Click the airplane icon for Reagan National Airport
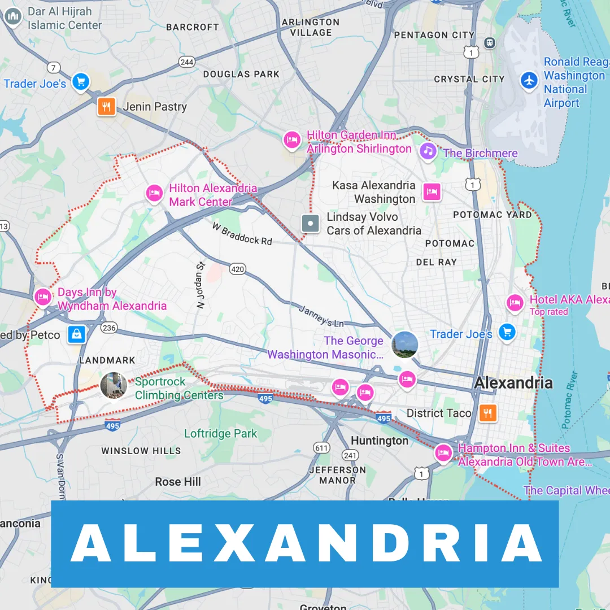tap(529, 80)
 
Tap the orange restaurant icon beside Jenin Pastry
tap(106, 106)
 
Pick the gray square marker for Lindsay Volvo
tap(310, 223)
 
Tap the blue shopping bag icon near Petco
tap(77, 334)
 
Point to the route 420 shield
tap(238, 269)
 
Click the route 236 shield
tap(109, 328)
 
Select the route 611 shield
tap(321, 448)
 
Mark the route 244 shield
tap(186, 62)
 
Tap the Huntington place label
tap(380, 441)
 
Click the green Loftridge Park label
tap(220, 434)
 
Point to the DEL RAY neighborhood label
tap(436, 262)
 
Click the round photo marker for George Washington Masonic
tap(405, 345)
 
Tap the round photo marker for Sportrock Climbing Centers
tap(114, 385)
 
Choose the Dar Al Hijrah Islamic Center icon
tap(12, 18)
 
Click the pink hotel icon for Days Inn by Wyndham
tap(43, 297)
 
